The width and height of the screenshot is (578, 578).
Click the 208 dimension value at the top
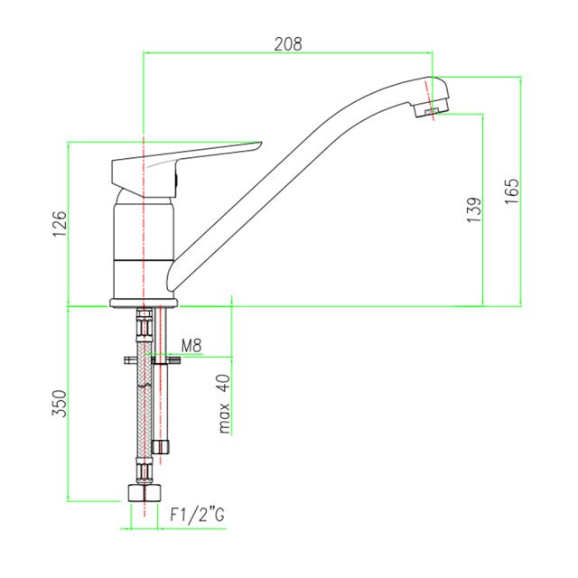pos(288,44)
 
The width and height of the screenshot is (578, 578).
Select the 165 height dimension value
pos(512,191)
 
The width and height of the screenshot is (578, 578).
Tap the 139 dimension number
pos(474,210)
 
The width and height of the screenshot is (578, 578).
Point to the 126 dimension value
pos(60,224)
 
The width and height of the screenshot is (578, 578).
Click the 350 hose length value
pos(59,404)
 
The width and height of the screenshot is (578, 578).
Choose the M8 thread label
pos(191,346)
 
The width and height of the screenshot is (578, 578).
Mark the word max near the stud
pos(224,418)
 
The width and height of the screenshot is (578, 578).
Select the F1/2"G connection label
pos(197,515)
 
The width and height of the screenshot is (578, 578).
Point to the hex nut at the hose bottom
pos(144,493)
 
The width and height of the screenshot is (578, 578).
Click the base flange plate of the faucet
pos(144,303)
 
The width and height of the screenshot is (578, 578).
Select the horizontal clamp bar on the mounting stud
pos(152,359)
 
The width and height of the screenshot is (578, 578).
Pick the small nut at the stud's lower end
pos(161,447)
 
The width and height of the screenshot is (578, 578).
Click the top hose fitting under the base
pos(144,322)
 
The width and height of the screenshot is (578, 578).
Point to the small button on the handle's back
pos(177,181)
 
